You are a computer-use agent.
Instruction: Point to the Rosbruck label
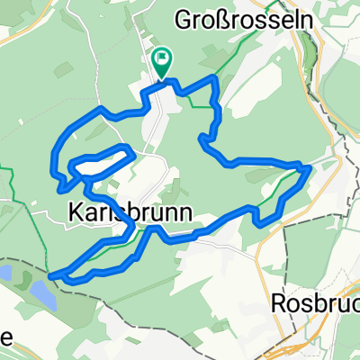click(x=316, y=303)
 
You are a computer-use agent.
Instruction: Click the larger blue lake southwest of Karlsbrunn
click(x=40, y=292)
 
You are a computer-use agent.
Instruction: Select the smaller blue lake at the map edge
click(x=4, y=272)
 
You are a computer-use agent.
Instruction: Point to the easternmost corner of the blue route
click(x=310, y=167)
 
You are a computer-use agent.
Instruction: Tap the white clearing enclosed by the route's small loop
click(x=99, y=163)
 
